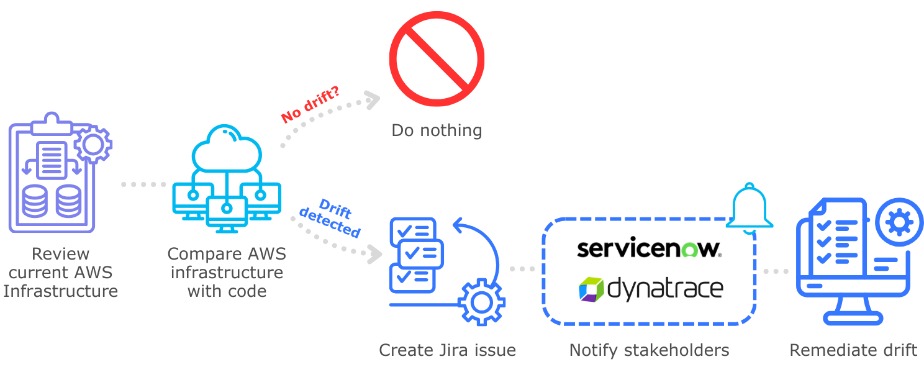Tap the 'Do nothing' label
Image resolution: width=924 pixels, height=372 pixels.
(x=437, y=130)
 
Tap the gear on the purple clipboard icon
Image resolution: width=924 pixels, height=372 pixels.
(x=93, y=145)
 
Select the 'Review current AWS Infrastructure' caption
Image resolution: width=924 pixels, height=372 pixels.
(x=61, y=272)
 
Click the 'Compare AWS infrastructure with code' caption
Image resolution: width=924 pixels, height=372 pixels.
(x=227, y=272)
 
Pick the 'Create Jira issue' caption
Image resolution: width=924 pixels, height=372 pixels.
(x=447, y=350)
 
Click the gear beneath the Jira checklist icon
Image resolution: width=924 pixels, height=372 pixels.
(x=481, y=302)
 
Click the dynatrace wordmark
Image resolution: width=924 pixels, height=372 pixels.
(x=664, y=289)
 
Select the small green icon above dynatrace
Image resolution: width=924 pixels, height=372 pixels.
(x=690, y=250)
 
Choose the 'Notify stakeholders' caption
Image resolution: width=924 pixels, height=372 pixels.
(x=649, y=350)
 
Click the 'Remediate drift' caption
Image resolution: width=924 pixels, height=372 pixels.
(x=853, y=350)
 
